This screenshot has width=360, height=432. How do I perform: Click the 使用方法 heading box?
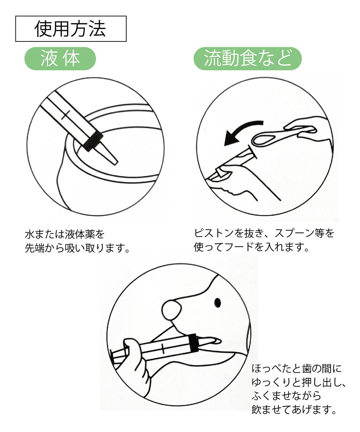tap(71, 29)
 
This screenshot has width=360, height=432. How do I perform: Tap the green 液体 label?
tap(60, 59)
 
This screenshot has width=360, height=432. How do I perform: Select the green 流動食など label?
tap(247, 59)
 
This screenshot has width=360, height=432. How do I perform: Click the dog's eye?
tap(217, 303)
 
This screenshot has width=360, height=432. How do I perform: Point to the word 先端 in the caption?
tap(35, 248)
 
